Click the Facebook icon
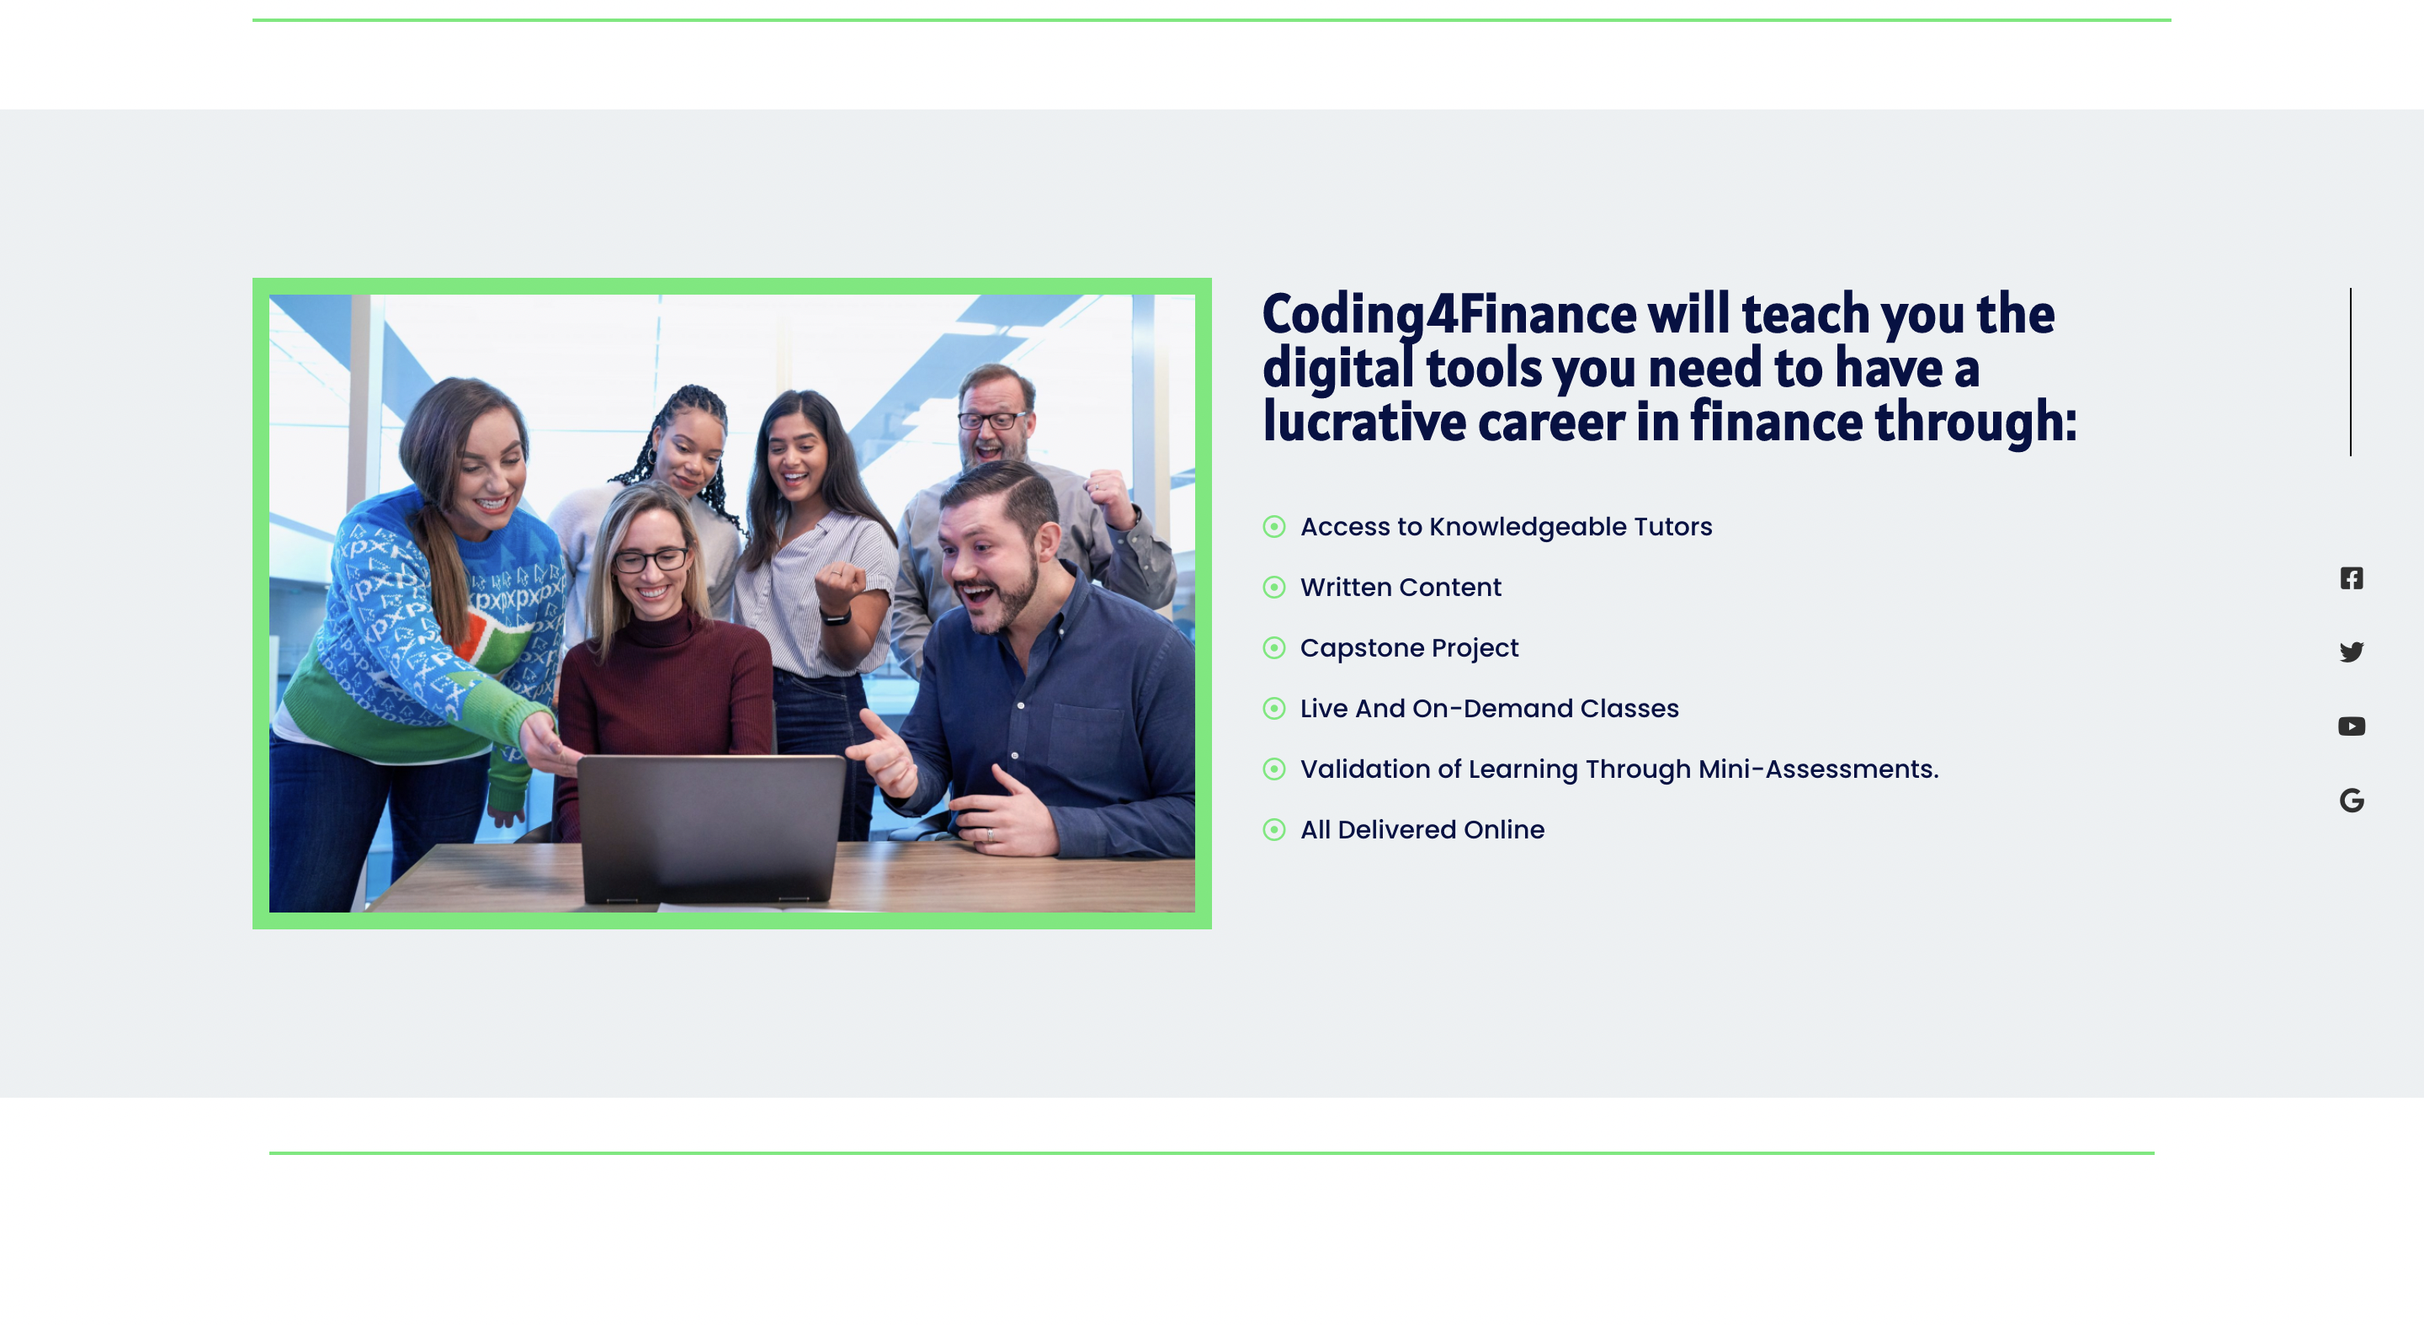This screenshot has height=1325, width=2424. coord(2352,577)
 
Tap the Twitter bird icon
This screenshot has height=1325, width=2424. coord(2352,652)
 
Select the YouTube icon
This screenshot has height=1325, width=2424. coord(2352,726)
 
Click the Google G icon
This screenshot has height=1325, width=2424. coord(2352,800)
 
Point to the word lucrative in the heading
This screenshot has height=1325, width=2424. coord(1364,421)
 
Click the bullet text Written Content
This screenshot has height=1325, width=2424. coord(1401,588)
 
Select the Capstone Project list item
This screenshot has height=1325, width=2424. coord(1409,648)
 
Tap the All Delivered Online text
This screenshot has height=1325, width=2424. coord(1422,830)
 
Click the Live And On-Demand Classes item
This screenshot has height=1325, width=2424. coord(1489,709)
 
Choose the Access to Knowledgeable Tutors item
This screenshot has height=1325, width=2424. coord(1506,527)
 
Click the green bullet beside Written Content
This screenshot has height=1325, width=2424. coord(1274,588)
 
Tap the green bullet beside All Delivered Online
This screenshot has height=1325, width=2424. coord(1274,829)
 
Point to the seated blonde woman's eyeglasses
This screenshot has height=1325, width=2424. coord(651,560)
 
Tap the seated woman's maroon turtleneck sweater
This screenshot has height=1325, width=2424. coord(663,696)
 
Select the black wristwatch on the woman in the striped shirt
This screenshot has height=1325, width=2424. coord(835,617)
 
